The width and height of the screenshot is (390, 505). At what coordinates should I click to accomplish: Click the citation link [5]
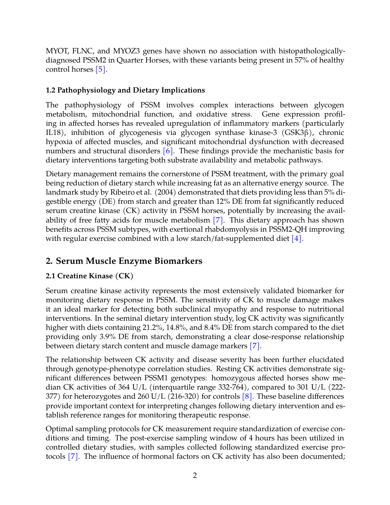(x=101, y=70)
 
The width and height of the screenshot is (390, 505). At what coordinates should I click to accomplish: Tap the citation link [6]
(x=168, y=151)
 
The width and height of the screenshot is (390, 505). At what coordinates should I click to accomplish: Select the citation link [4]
(x=296, y=239)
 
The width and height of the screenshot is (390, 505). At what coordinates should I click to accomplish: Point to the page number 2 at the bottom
(x=195, y=476)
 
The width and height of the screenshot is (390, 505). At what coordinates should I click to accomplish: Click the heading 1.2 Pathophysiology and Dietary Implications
(x=125, y=90)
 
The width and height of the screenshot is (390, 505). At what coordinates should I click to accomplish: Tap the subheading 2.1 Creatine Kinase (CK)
(x=89, y=276)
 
